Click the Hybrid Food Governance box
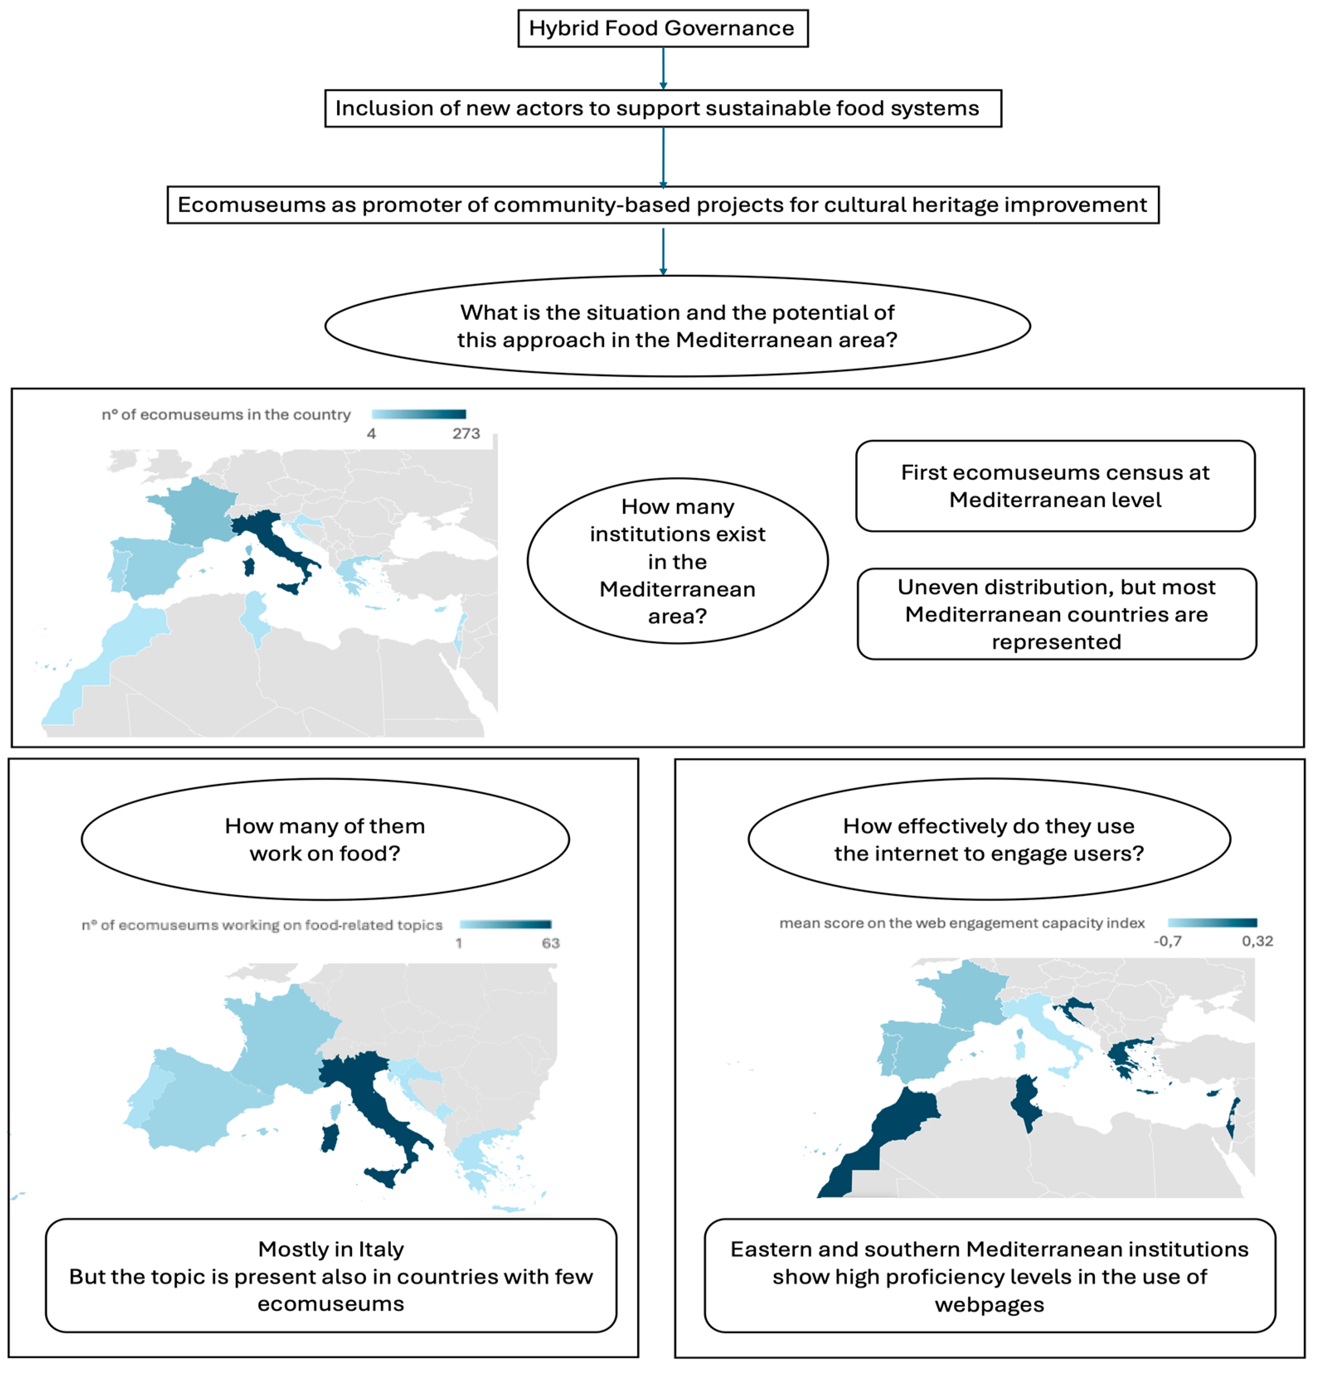click(x=662, y=28)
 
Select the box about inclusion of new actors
click(x=662, y=108)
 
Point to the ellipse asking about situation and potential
click(x=677, y=326)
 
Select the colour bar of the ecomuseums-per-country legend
click(x=418, y=414)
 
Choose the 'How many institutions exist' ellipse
click(x=677, y=561)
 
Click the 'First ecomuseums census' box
click(x=1055, y=486)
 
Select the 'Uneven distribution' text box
click(x=1056, y=614)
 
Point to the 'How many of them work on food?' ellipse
click(x=324, y=839)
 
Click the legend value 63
click(x=551, y=943)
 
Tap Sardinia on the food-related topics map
click(x=329, y=1137)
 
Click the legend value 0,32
click(x=1257, y=941)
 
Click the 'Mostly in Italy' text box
click(x=331, y=1276)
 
